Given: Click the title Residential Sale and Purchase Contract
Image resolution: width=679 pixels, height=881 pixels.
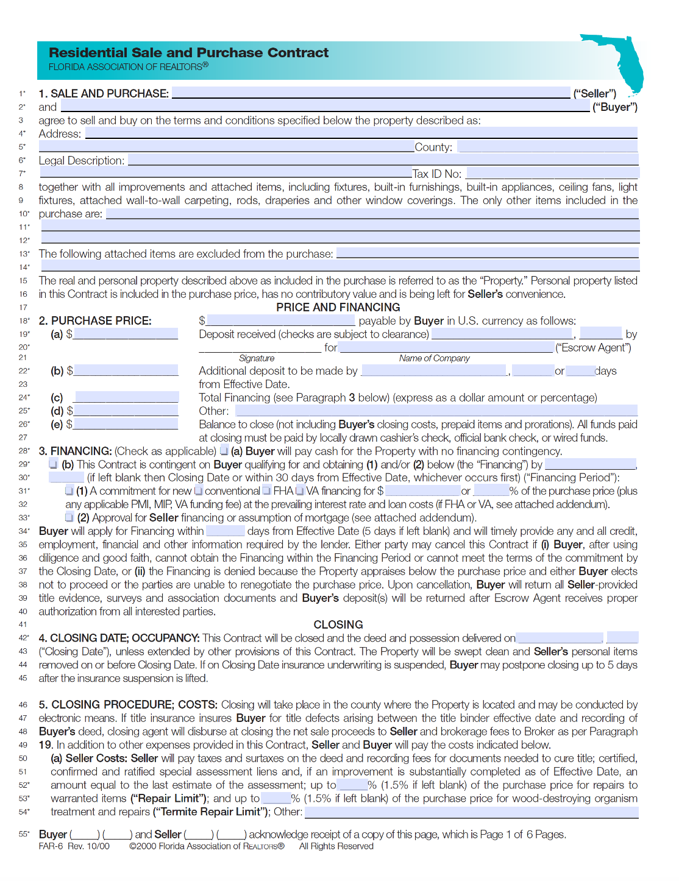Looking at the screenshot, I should pos(188,53).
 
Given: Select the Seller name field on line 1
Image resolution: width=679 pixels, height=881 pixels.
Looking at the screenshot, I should pos(371,93).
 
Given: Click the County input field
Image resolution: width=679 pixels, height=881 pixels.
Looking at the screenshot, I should pos(547,147).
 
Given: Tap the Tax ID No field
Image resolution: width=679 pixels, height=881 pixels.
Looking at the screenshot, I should pos(552,174).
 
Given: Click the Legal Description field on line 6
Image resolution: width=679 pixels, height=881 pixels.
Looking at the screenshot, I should pos(383,160).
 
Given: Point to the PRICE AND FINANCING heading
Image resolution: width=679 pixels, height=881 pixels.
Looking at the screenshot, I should pos(338,307).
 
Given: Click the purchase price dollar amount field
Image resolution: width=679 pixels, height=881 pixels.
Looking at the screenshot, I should pos(280,320).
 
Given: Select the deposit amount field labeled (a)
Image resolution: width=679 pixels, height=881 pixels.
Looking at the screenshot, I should pos(126,334).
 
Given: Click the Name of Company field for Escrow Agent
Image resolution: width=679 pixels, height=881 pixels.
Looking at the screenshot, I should pos(446,347).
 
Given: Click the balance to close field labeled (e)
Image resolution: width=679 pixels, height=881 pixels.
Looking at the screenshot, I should pos(126,424).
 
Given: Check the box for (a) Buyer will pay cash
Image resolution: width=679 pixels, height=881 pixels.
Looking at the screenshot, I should pos(224,451).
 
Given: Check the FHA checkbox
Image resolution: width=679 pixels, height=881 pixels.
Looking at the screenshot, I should pos(266,490).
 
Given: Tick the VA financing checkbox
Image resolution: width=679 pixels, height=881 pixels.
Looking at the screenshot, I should pos(299,490).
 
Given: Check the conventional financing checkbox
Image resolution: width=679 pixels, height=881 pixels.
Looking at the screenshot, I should pos(198,490).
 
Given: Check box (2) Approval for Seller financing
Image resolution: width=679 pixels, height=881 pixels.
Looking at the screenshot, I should pos(69,517).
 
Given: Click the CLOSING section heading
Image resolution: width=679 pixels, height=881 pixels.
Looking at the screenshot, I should pos(338,624).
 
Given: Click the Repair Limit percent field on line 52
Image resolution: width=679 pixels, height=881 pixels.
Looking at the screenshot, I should pos(352,785).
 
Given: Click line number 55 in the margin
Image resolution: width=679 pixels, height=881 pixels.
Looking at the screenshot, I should pos(23,834).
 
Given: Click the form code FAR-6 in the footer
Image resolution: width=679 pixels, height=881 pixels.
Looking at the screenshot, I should pos(51,846).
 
